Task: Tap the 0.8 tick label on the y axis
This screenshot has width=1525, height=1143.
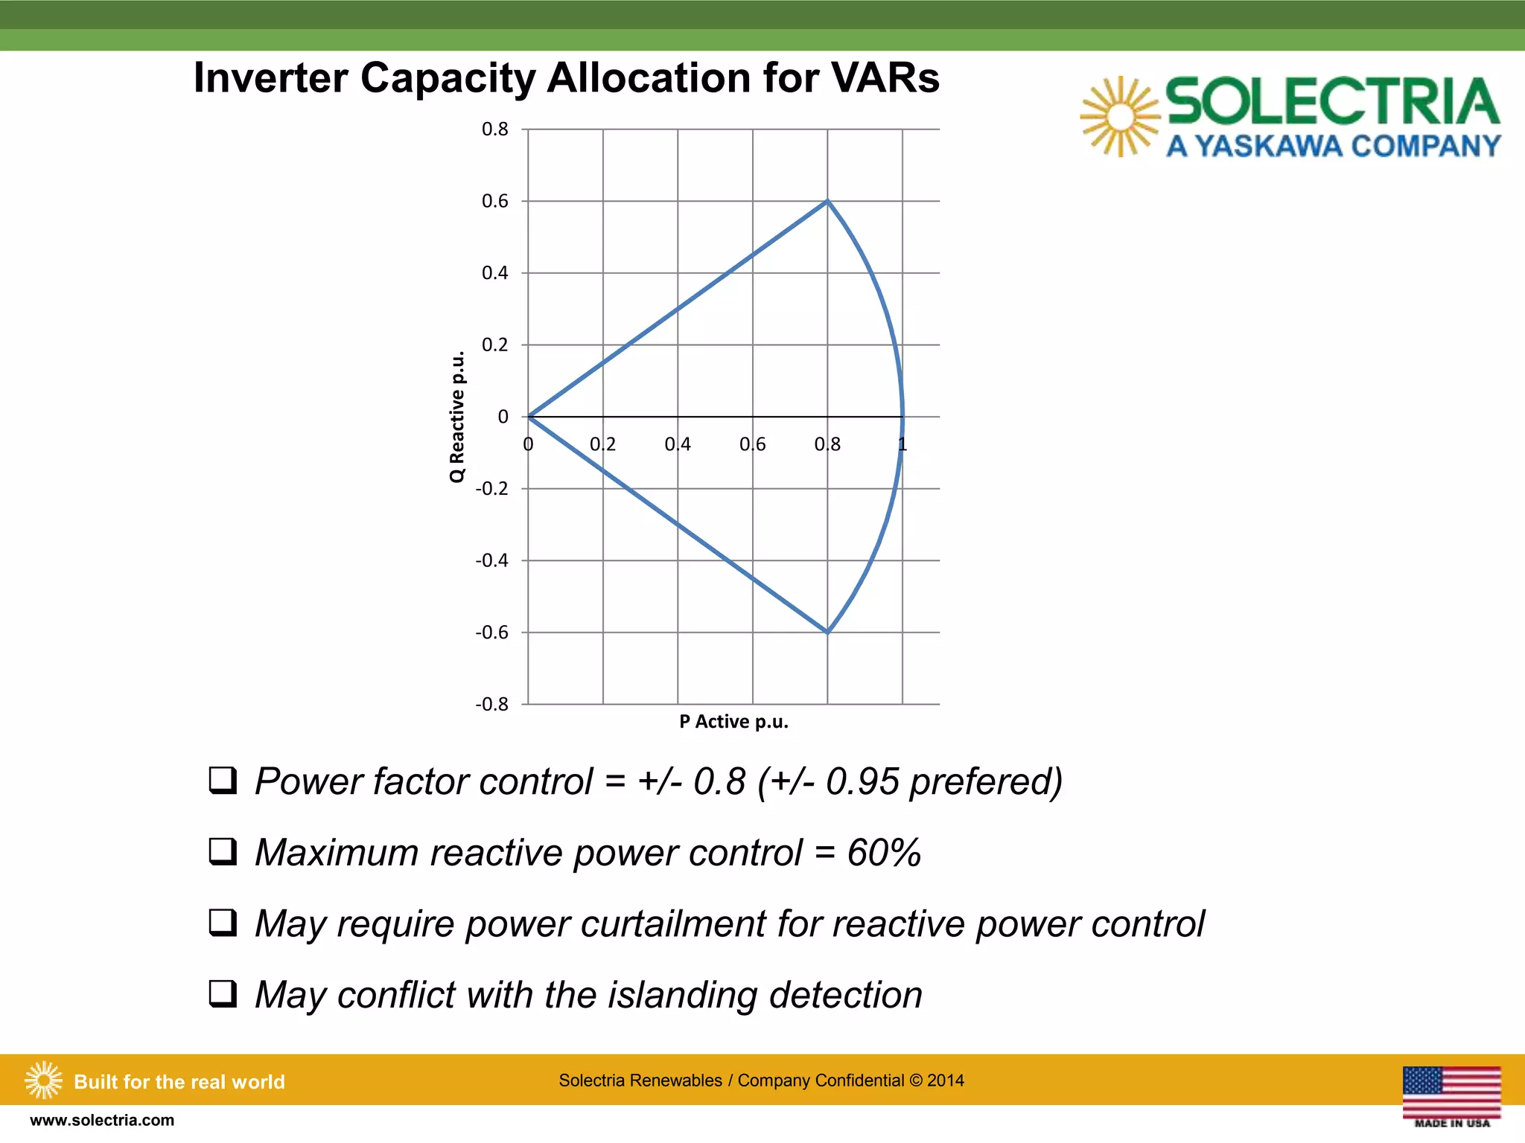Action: coord(494,129)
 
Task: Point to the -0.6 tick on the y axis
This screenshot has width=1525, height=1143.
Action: coord(491,633)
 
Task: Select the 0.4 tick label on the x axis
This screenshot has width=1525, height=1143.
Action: coord(678,444)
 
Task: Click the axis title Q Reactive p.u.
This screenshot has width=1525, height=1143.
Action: coord(457,417)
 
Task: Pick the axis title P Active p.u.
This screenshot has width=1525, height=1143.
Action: coord(733,722)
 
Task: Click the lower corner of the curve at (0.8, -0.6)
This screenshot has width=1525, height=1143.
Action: coord(827,633)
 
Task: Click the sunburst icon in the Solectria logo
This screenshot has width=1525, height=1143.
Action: coord(1119,117)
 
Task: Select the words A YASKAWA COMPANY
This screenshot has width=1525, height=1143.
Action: coord(1333,146)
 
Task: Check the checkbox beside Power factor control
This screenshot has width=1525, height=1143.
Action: coord(223,781)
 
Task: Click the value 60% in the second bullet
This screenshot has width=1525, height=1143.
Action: coord(884,853)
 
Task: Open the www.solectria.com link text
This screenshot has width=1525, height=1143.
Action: coord(102,1121)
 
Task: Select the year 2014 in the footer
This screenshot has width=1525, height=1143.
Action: coord(945,1080)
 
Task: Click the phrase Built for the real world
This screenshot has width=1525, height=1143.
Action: coord(179,1082)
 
